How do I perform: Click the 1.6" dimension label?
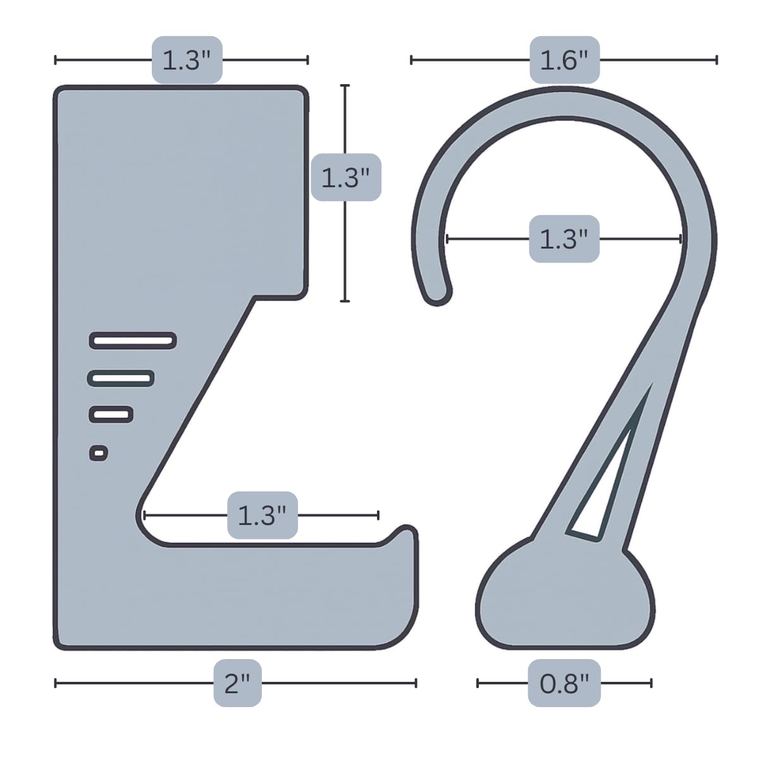pyautogui.click(x=564, y=60)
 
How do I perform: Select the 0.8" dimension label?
pyautogui.click(x=564, y=683)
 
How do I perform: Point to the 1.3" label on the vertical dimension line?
pyautogui.click(x=345, y=177)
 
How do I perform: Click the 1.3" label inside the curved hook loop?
pyautogui.click(x=564, y=239)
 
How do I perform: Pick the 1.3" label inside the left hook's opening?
pyautogui.click(x=262, y=515)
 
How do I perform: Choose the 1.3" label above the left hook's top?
pyautogui.click(x=187, y=60)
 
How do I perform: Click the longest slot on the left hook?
pyautogui.click(x=133, y=341)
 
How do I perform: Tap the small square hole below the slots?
pyautogui.click(x=99, y=453)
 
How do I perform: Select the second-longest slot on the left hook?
pyautogui.click(x=121, y=378)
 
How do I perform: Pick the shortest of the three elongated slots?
pyautogui.click(x=111, y=415)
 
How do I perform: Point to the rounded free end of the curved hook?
pyautogui.click(x=438, y=293)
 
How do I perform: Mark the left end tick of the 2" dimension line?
pyautogui.click(x=56, y=683)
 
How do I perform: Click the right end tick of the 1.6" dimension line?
pyautogui.click(x=717, y=60)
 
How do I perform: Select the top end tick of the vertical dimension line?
pyautogui.click(x=345, y=85)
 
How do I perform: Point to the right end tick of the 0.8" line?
pyautogui.click(x=651, y=683)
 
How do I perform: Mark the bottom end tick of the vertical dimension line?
pyautogui.click(x=345, y=301)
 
